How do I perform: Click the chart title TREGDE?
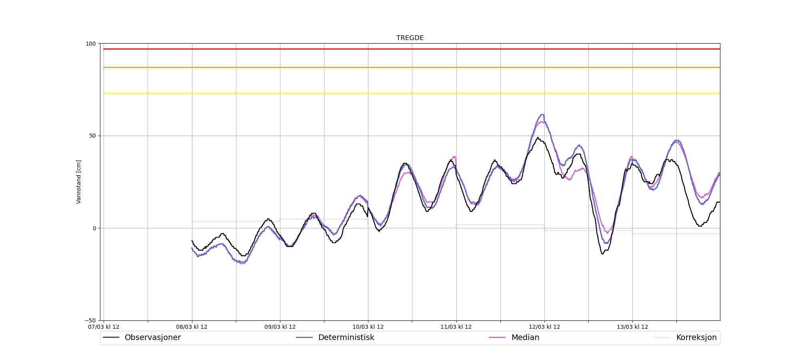pyautogui.click(x=410, y=38)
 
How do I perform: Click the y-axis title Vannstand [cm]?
pyautogui.click(x=79, y=182)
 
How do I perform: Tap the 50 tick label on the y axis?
pyautogui.click(x=93, y=136)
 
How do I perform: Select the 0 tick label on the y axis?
pyautogui.click(x=94, y=228)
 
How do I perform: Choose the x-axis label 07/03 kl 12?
pyautogui.click(x=104, y=327)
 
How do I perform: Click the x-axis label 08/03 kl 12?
pyautogui.click(x=192, y=327)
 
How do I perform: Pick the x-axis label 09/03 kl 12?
pyautogui.click(x=280, y=327)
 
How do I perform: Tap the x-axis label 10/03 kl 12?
pyautogui.click(x=368, y=327)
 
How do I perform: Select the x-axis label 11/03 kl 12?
pyautogui.click(x=456, y=327)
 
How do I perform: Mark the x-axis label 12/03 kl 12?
pyautogui.click(x=544, y=327)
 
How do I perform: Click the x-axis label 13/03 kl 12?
pyautogui.click(x=632, y=327)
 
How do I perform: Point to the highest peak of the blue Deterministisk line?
pyautogui.click(x=542, y=115)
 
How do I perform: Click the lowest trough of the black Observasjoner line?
pyautogui.click(x=602, y=254)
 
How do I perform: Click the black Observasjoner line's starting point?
pyautogui.click(x=192, y=241)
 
